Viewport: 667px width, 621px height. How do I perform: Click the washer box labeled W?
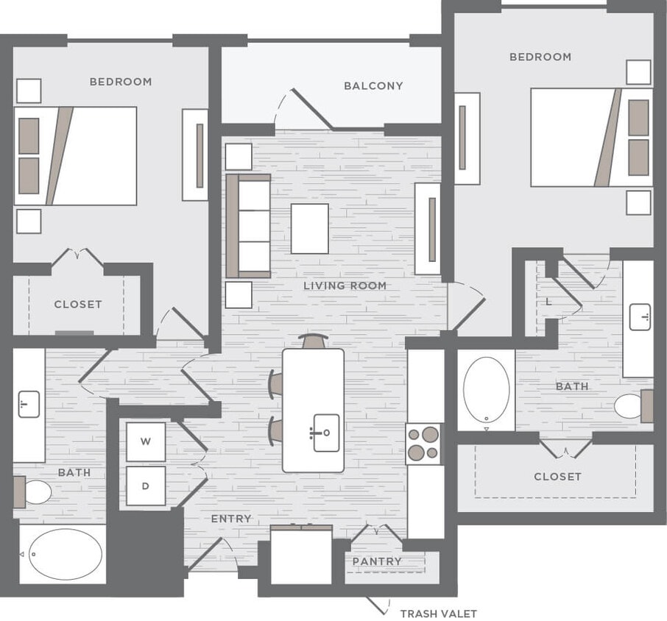[146, 441]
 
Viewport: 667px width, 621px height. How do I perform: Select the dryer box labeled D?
[146, 486]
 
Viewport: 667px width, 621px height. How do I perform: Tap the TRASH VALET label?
[438, 613]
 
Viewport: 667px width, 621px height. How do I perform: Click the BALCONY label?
[373, 85]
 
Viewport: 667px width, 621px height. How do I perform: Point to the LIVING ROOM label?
[345, 285]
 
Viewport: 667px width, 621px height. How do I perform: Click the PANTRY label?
[377, 561]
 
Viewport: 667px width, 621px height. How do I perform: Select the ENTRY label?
[231, 519]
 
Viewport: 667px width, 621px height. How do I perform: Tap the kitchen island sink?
[325, 432]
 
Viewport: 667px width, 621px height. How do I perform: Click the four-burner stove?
[425, 444]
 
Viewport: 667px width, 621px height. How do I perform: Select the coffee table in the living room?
[309, 228]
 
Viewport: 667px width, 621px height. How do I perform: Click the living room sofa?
[249, 226]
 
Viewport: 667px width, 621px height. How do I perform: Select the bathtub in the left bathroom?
[65, 553]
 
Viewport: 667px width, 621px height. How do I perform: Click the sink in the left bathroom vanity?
[29, 405]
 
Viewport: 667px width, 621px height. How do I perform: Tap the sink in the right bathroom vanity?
[639, 317]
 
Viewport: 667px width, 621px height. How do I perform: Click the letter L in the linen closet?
[548, 302]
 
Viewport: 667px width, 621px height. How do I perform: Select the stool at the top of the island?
[314, 341]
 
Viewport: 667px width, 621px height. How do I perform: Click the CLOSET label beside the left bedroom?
[77, 304]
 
